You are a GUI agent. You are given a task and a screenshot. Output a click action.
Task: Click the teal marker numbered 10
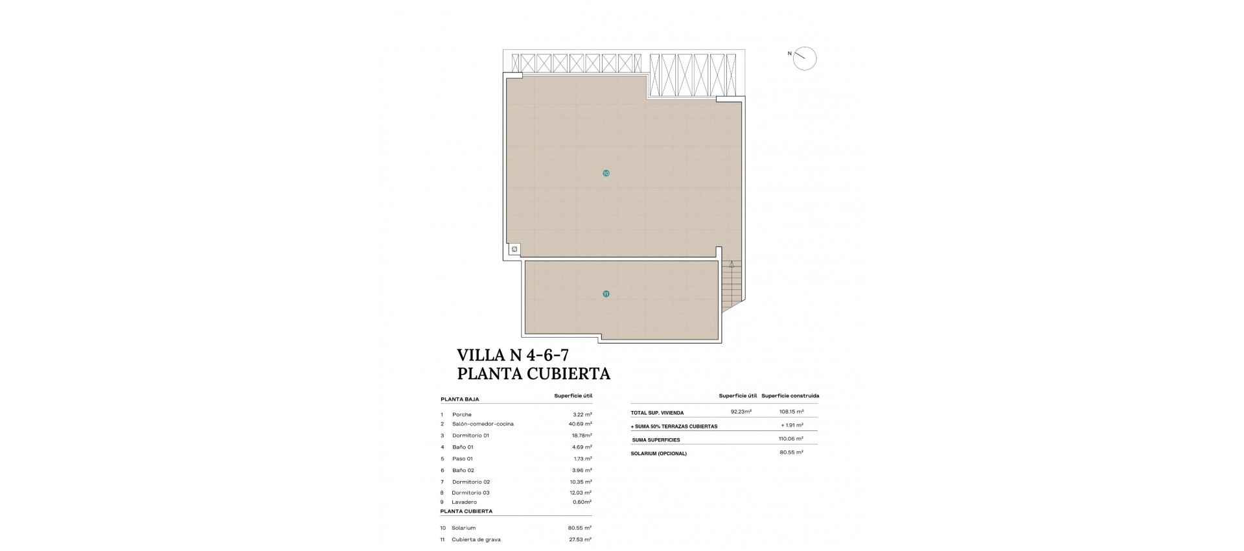click(x=606, y=174)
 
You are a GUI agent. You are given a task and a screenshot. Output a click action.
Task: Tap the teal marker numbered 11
click(x=606, y=294)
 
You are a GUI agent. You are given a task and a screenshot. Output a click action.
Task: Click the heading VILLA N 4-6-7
click(x=513, y=355)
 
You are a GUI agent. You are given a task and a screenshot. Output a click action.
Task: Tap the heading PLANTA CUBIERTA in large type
click(x=533, y=373)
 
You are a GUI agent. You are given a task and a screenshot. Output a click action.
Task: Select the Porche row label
click(x=462, y=414)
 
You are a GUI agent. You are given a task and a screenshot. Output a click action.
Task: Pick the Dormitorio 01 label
click(x=470, y=436)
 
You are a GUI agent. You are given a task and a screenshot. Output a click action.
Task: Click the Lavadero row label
click(x=465, y=502)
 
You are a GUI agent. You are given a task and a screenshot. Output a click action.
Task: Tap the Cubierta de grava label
click(x=476, y=539)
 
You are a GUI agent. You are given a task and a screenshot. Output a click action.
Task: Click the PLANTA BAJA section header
click(x=459, y=399)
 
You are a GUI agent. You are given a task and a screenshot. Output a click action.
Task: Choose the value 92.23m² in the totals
click(x=741, y=412)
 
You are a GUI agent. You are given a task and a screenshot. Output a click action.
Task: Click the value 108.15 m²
click(x=791, y=412)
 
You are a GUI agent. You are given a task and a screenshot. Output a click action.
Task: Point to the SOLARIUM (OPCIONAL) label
click(x=658, y=453)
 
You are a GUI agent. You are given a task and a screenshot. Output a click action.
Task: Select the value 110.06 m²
click(x=791, y=439)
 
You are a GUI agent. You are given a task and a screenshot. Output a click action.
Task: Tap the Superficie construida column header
click(x=790, y=395)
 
